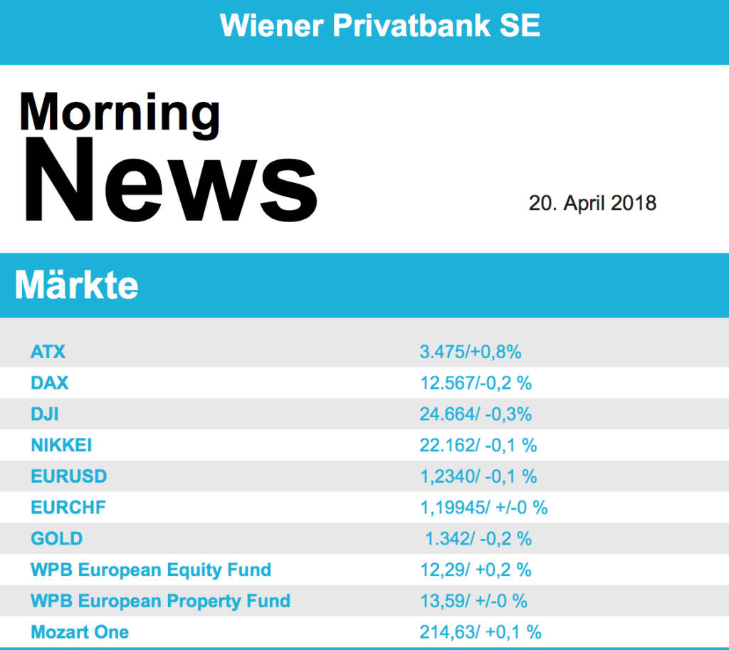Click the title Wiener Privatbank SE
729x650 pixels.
[x=380, y=27]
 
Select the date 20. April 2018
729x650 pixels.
[x=592, y=203]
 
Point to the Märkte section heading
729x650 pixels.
[x=77, y=285]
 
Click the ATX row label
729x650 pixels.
[x=48, y=352]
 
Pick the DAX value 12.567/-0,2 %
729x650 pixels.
[x=476, y=383]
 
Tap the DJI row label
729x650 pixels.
[x=45, y=414]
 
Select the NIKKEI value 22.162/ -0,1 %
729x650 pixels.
[x=478, y=446]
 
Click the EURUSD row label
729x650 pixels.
[x=69, y=476]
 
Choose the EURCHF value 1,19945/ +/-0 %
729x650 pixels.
[x=483, y=508]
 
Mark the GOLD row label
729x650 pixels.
[x=57, y=539]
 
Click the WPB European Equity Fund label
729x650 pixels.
[x=151, y=570]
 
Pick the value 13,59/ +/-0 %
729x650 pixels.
[x=473, y=602]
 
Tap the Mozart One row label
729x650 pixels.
[x=80, y=632]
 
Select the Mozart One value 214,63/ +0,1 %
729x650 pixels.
[x=481, y=632]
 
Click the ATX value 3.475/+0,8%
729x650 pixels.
[x=471, y=352]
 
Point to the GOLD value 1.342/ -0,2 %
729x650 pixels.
[x=478, y=539]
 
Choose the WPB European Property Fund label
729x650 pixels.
[x=160, y=602]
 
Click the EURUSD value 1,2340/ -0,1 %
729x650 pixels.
[x=478, y=476]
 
